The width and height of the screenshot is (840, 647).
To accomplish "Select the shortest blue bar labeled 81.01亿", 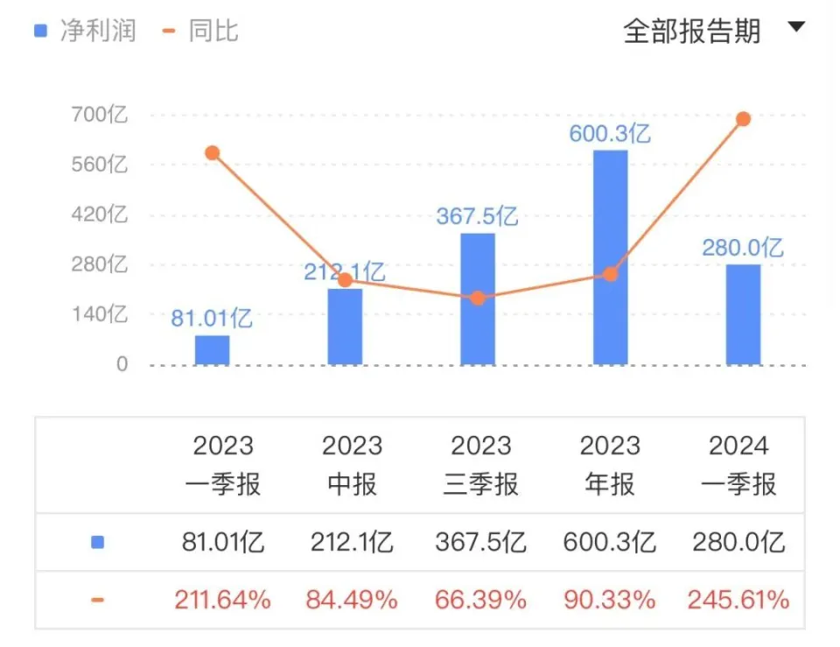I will [x=212, y=349].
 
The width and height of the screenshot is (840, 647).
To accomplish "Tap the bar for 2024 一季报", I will [x=743, y=314].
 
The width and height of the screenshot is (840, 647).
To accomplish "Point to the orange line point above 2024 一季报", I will [x=743, y=119].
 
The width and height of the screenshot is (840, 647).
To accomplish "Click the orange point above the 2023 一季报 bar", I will [x=212, y=153].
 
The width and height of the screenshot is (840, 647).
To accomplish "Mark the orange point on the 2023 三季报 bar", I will [x=477, y=298].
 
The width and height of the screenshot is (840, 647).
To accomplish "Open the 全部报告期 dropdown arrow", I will [x=795, y=27].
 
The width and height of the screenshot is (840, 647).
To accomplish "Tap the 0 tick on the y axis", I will [x=122, y=364].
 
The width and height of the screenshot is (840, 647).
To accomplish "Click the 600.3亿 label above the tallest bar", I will [x=610, y=134].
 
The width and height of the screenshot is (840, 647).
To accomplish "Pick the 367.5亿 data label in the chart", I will [x=477, y=216].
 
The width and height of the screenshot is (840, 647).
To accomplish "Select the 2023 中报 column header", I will [x=352, y=465].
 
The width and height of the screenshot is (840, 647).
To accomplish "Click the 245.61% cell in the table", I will [x=738, y=600].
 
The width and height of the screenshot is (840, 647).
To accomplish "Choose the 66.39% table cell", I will [x=480, y=600].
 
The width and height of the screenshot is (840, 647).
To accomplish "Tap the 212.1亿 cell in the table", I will [x=352, y=543].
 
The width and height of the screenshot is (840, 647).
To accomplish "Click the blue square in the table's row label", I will [x=97, y=543].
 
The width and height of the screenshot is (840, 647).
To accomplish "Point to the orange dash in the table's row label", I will [x=97, y=600].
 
